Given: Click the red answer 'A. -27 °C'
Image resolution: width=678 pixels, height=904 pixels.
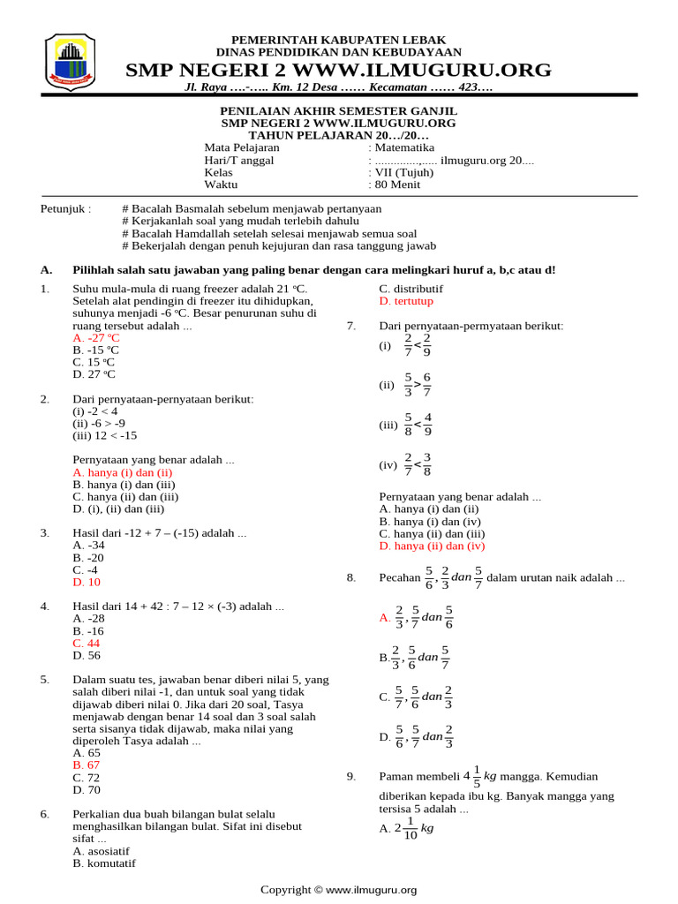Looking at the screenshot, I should click(x=96, y=338).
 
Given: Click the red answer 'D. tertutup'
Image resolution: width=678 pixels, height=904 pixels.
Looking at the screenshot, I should click(x=406, y=301).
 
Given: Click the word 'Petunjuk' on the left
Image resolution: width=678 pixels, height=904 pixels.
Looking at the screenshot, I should click(x=65, y=209).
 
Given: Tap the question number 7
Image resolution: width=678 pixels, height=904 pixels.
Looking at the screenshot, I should click(x=351, y=326).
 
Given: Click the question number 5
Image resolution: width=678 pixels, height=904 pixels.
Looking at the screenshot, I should click(x=45, y=680).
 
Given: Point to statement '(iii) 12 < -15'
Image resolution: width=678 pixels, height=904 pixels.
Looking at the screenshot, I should click(x=105, y=435).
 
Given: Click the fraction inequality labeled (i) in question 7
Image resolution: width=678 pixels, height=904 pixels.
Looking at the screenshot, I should click(x=417, y=345).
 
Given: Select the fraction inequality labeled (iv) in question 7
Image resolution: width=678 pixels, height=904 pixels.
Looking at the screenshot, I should click(x=417, y=464).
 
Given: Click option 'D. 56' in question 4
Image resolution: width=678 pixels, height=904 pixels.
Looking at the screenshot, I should click(x=87, y=656).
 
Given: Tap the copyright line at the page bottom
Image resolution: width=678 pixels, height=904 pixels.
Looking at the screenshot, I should click(x=338, y=890).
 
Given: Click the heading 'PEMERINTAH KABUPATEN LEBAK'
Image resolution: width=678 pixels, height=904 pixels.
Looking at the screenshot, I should click(x=338, y=41).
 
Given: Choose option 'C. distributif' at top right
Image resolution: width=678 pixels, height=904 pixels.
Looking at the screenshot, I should click(x=411, y=289).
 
